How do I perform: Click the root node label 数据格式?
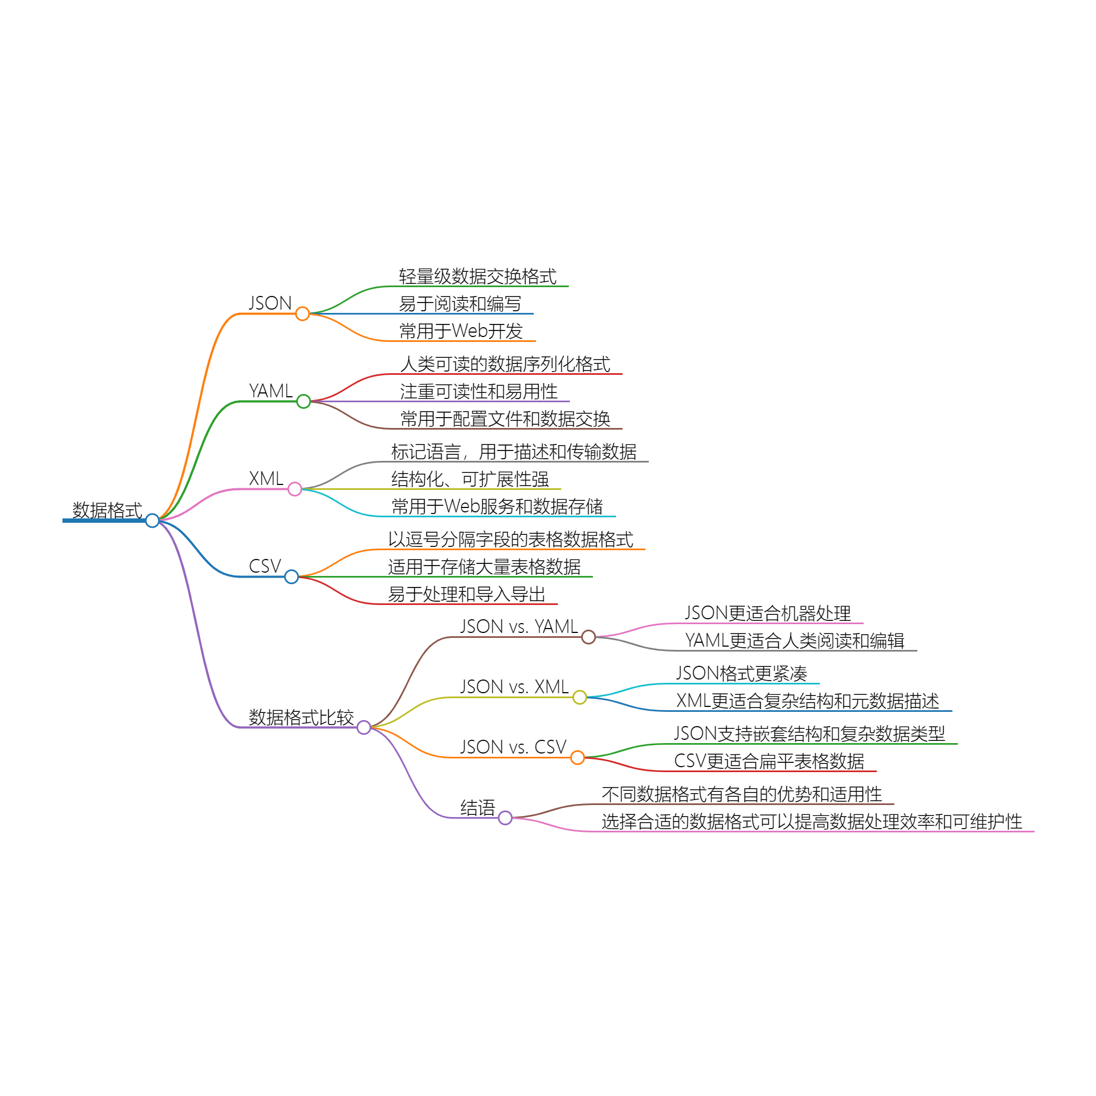click(x=107, y=510)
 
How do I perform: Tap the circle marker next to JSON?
click(x=302, y=313)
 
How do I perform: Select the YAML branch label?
click(x=271, y=391)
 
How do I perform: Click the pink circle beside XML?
click(x=294, y=489)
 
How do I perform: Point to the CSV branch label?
click(x=265, y=566)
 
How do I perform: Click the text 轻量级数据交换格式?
click(x=478, y=276)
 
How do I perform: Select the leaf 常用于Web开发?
click(x=461, y=331)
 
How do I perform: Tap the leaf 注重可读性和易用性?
click(x=479, y=391)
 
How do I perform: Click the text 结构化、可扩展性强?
click(x=470, y=480)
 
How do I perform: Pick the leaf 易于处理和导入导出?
click(x=466, y=594)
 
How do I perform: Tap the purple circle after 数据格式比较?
click(x=364, y=727)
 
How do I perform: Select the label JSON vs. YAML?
click(x=518, y=626)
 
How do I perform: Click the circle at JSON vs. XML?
click(x=579, y=697)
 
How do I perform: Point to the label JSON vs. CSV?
click(x=513, y=746)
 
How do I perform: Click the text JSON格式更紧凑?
click(x=741, y=673)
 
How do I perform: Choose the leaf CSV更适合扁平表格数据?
click(x=769, y=761)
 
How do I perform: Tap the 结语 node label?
click(x=478, y=807)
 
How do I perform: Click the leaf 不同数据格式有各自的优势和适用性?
click(x=741, y=794)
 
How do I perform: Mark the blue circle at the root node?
click(x=152, y=520)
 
